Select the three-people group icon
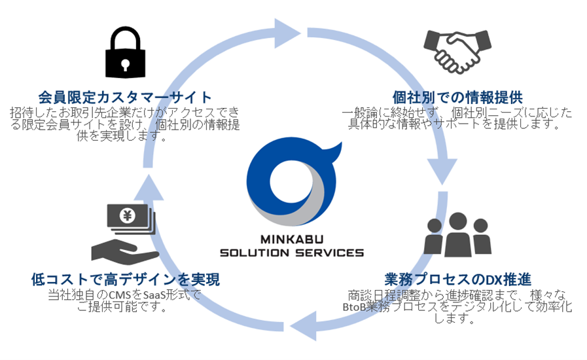tap(457, 234)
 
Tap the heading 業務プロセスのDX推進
tap(457, 279)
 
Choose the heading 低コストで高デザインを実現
tap(125, 279)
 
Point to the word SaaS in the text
tap(154, 295)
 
